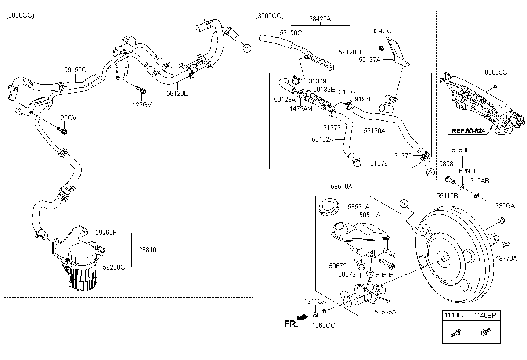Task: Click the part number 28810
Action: point(147,250)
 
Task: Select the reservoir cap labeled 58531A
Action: point(329,207)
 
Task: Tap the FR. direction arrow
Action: point(303,318)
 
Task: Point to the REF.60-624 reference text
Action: point(468,131)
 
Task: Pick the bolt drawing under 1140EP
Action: point(486,332)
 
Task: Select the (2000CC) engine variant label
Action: point(20,15)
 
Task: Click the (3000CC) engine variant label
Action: point(270,16)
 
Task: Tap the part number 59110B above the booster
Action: point(447,196)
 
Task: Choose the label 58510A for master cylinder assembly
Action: point(341,187)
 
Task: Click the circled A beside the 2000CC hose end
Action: point(247,48)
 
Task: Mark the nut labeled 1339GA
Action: point(502,220)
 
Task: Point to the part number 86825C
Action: point(496,72)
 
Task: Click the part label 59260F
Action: point(106,233)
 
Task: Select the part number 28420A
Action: point(320,19)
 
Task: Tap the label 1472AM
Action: point(301,109)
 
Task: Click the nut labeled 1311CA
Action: point(314,314)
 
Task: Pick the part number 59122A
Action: point(322,140)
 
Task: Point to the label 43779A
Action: point(506,259)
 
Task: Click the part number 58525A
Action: point(386,312)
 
